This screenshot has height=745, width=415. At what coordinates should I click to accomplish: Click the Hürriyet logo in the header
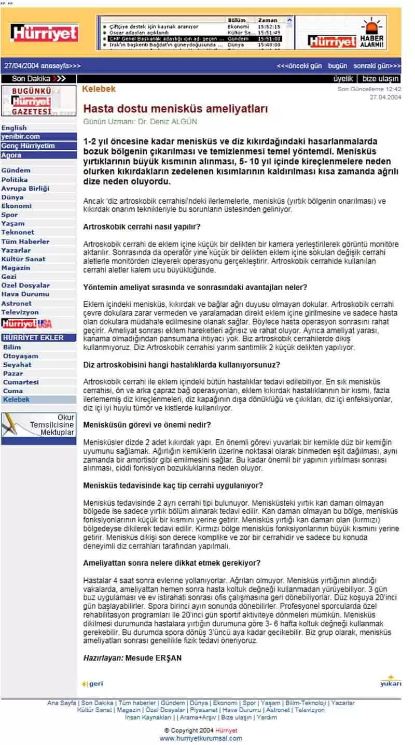tap(45, 32)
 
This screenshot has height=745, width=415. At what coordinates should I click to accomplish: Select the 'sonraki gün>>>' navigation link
tap(377, 66)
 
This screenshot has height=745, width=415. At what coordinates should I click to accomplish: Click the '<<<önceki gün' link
tap(299, 66)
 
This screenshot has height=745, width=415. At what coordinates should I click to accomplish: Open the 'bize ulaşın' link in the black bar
tap(381, 79)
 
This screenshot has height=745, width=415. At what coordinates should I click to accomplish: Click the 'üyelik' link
tap(343, 79)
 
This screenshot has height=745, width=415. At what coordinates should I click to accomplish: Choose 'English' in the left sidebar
tap(14, 128)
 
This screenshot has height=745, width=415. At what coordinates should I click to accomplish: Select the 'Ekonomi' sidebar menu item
tap(16, 206)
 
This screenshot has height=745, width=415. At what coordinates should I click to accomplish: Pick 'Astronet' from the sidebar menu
tap(16, 303)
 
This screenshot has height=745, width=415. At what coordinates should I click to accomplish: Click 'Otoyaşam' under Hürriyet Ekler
tap(21, 356)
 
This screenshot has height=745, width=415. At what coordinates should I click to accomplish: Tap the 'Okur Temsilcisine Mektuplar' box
tap(38, 425)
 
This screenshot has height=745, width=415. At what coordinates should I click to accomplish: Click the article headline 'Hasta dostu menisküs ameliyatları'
tap(175, 109)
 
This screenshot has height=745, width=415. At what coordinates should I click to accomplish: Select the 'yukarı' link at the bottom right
tap(391, 682)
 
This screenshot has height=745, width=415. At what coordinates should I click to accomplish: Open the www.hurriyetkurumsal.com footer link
tap(200, 738)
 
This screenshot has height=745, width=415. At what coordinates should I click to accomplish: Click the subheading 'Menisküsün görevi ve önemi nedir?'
tap(147, 425)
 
